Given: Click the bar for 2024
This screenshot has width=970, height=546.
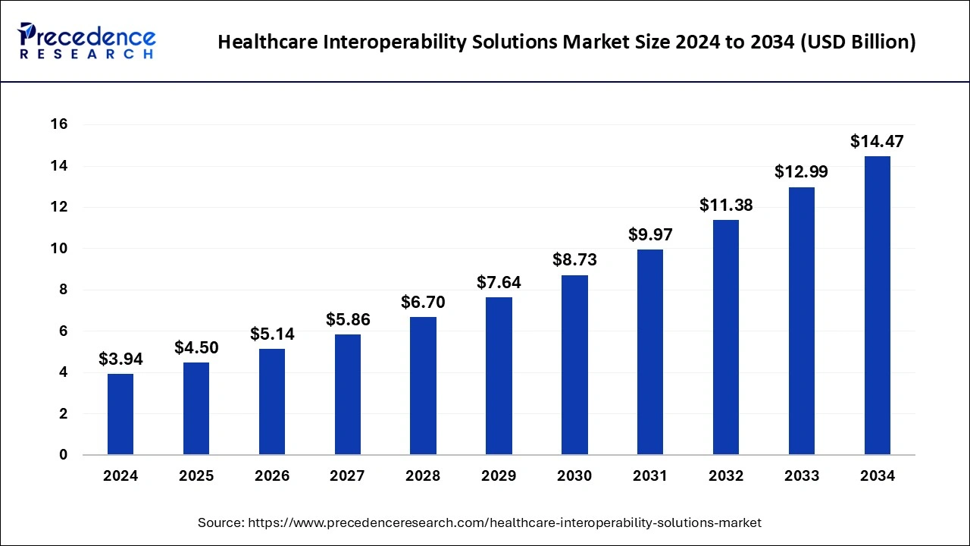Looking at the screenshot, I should pos(120,414).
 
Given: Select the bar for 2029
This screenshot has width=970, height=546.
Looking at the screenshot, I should pos(499,376).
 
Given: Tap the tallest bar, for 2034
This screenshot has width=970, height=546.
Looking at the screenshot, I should pos(878,306).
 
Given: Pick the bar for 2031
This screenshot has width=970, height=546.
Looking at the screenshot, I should pos(650,352).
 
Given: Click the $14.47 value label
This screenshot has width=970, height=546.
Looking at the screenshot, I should pos(877,141).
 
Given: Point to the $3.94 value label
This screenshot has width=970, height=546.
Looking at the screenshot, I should pos(120,359).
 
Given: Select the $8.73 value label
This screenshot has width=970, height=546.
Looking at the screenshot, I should pos(574,259).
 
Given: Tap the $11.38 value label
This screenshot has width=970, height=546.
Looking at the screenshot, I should pos(726,205).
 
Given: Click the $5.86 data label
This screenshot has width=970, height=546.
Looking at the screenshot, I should pos(348,319).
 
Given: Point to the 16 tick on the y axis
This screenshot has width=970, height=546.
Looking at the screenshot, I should pos(59,124).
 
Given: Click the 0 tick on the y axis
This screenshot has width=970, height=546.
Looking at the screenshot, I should pos(64,455).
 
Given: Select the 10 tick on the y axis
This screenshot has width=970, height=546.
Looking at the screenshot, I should pos(59,249).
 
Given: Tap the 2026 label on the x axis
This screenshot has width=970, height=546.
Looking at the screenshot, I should pos(272,476).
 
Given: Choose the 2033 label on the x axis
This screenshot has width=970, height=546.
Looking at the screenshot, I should pos(802,476).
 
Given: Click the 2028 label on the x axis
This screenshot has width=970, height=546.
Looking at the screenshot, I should pos(423,476).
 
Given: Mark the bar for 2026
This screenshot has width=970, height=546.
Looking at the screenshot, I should pos(272,402).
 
